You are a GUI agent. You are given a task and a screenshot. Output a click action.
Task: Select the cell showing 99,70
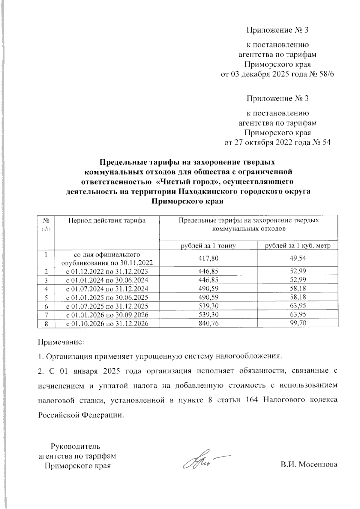(x=298, y=324)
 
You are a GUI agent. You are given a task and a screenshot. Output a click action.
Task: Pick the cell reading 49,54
(x=298, y=259)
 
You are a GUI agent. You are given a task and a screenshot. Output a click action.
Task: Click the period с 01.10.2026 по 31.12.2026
(x=107, y=324)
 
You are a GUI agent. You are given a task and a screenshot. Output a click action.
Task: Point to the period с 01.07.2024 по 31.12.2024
(x=107, y=289)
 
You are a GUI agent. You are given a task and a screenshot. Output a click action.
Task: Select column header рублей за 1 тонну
(x=208, y=246)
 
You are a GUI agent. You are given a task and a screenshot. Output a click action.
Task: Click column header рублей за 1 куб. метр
(x=298, y=246)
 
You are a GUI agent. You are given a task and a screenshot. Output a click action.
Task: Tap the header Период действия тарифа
(x=107, y=221)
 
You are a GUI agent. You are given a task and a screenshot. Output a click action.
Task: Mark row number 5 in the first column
(x=46, y=298)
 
